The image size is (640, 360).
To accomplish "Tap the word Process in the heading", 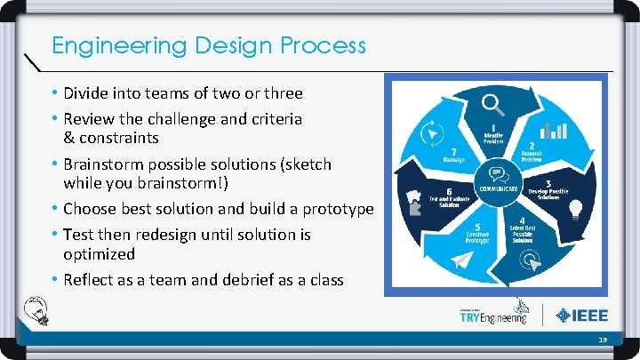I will pyautogui.click(x=322, y=44).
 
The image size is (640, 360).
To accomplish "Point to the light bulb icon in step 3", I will pyautogui.click(x=575, y=209).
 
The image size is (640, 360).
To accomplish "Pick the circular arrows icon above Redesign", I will pyautogui.click(x=433, y=132).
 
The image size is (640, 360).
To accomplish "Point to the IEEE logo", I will pyautogui.click(x=582, y=315).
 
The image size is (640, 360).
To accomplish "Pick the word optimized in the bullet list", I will pyautogui.click(x=99, y=254).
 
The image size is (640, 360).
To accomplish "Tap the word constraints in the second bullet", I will pyautogui.click(x=119, y=138).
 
